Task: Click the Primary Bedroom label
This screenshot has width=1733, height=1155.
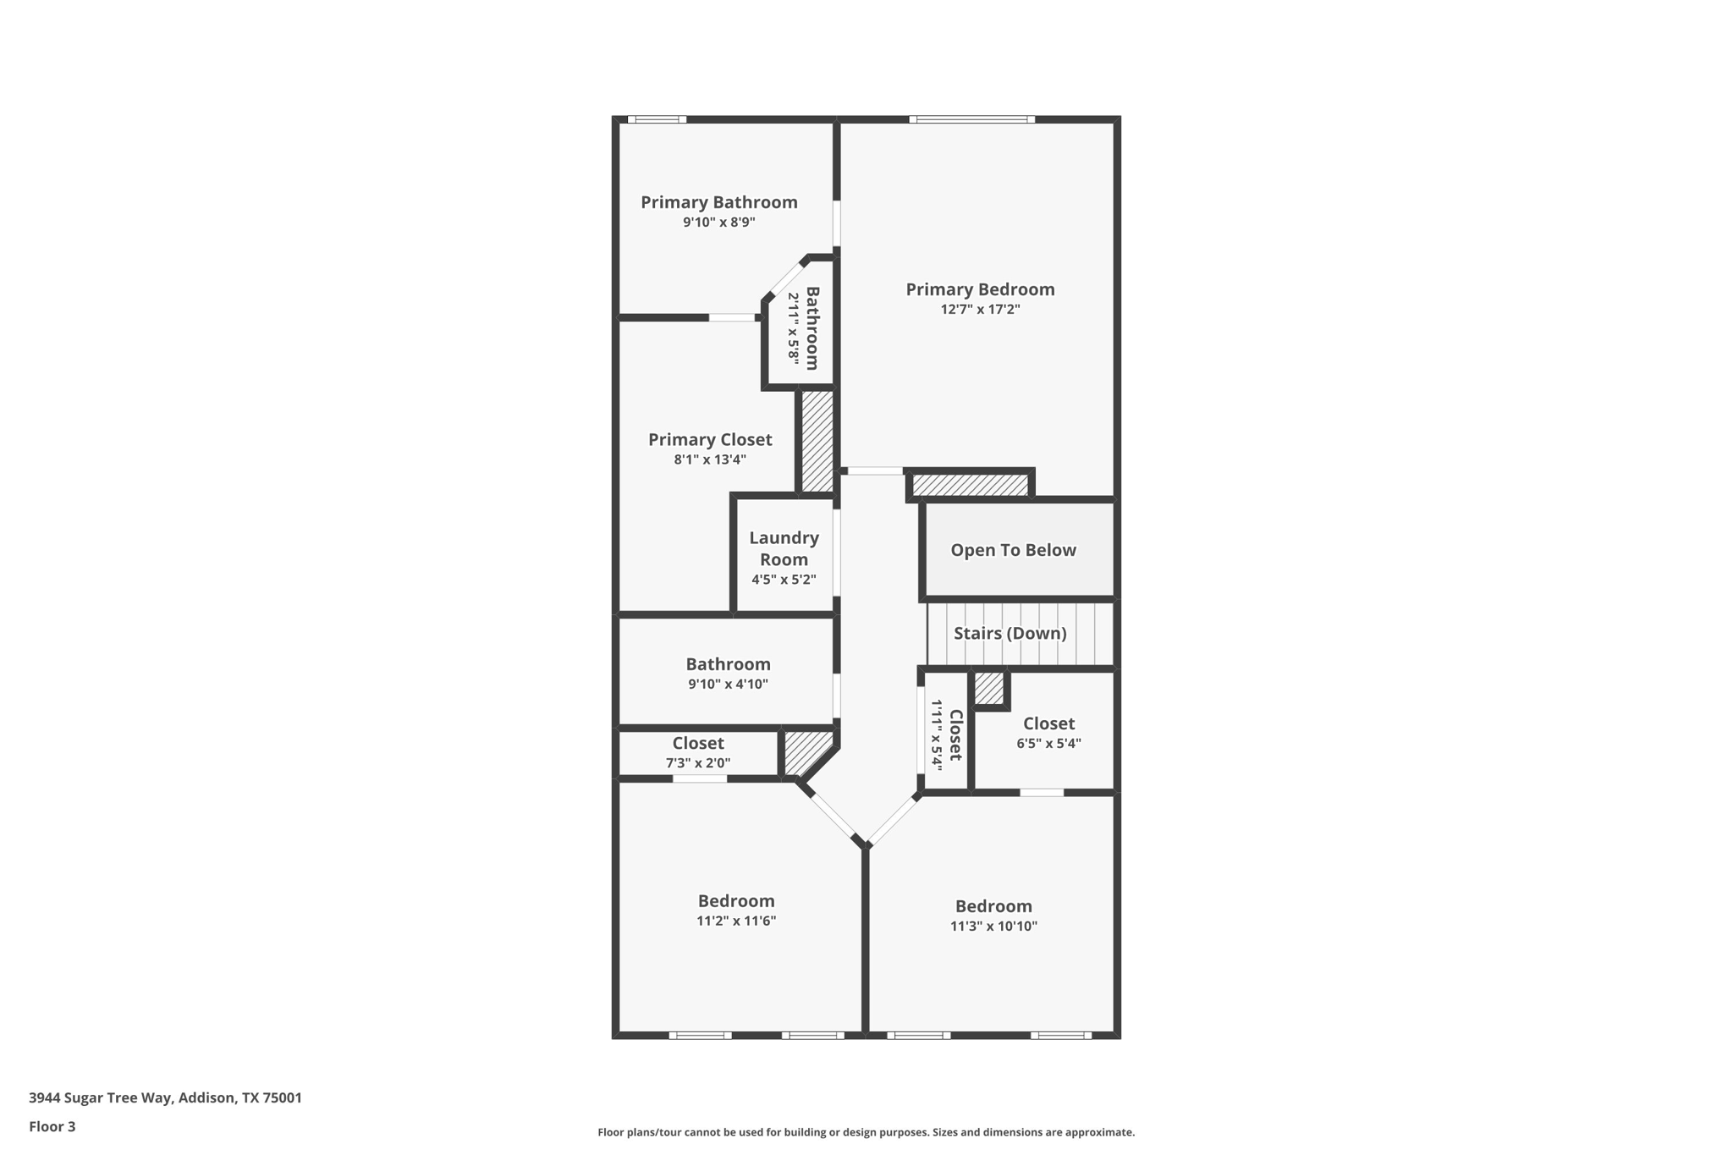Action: [980, 289]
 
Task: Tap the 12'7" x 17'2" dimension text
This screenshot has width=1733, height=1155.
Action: [980, 310]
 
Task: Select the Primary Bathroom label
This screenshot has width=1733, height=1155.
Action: [718, 202]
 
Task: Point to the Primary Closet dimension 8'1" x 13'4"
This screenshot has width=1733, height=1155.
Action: [710, 460]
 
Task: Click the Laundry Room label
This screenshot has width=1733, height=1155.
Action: [784, 548]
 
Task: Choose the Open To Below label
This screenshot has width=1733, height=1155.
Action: [1013, 550]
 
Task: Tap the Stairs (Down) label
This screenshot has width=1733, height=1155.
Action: [1010, 633]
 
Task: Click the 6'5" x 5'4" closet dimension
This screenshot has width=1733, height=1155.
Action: [1048, 744]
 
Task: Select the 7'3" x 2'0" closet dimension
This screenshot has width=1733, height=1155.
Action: [697, 763]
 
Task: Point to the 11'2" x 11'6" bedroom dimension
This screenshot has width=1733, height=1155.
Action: [736, 921]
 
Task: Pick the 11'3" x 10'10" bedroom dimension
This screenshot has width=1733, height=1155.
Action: [993, 927]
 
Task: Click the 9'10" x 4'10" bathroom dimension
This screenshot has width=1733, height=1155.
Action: [728, 685]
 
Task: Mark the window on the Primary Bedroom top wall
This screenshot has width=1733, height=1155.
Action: [971, 119]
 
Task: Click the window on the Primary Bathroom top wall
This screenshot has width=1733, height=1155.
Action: [657, 119]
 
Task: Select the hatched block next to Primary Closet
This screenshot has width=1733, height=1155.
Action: [817, 440]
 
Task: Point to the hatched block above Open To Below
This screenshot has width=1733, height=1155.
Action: [970, 485]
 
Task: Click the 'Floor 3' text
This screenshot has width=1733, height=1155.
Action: [52, 1126]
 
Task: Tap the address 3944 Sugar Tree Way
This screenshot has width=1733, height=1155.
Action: [165, 1097]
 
